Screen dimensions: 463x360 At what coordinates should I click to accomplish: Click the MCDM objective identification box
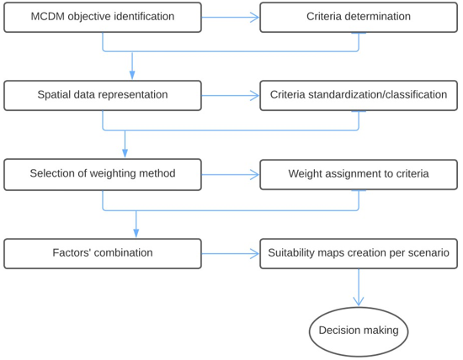tap(103, 17)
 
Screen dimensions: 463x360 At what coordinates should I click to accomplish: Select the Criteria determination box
tap(359, 17)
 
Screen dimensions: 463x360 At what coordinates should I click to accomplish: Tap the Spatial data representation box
tap(103, 95)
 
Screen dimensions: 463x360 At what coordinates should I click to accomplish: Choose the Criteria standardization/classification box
tap(359, 95)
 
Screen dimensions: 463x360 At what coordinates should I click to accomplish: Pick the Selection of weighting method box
tap(103, 174)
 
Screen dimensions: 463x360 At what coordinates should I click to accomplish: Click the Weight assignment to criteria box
tap(359, 174)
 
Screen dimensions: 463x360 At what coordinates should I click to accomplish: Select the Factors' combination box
tap(103, 253)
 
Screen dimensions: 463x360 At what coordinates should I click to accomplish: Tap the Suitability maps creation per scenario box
tap(359, 253)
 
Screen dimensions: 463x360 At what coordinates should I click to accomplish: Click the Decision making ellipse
tap(359, 331)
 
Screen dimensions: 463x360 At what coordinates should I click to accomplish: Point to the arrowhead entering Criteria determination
tap(254, 18)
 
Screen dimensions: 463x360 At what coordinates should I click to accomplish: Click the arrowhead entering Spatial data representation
tap(132, 75)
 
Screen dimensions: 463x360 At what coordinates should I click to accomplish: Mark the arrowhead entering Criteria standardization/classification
tap(254, 96)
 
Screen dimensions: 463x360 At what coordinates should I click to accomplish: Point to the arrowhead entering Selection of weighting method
tap(125, 153)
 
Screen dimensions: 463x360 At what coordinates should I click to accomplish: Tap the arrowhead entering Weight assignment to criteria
tap(254, 175)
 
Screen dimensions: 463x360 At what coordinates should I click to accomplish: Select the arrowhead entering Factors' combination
tap(136, 233)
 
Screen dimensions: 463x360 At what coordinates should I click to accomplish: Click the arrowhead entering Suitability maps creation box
tap(254, 254)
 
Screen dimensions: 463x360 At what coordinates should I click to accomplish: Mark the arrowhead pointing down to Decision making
tap(359, 302)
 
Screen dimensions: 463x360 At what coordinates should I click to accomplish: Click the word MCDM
tap(47, 17)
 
